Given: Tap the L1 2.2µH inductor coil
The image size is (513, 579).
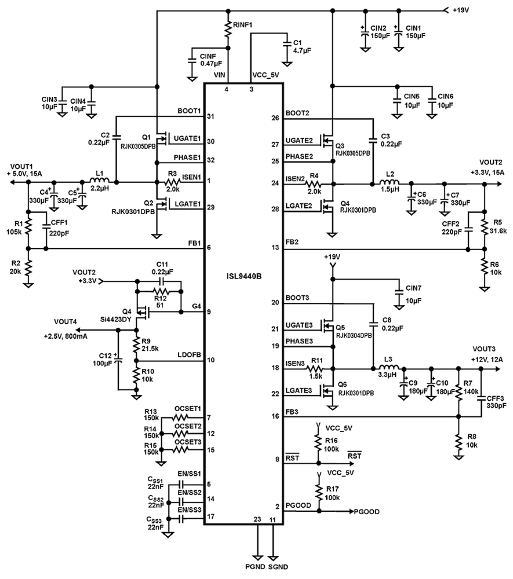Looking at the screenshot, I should (x=99, y=182).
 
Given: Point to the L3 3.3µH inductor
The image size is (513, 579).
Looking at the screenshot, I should (x=390, y=368).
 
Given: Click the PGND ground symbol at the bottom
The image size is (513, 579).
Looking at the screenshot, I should (x=258, y=557).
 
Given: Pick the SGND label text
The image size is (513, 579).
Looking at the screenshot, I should (x=278, y=567).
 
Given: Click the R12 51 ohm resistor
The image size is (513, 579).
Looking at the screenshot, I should (x=160, y=291).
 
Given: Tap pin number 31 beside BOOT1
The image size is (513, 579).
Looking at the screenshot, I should (x=210, y=116).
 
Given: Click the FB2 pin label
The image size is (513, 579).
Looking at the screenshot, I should (x=292, y=242).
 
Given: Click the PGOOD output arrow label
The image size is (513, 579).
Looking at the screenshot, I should (x=366, y=512).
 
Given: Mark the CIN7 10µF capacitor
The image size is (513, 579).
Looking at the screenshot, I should (x=398, y=292).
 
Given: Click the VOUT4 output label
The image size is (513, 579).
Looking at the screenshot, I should (x=65, y=322).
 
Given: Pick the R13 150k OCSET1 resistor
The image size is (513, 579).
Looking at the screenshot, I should (x=180, y=417).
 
